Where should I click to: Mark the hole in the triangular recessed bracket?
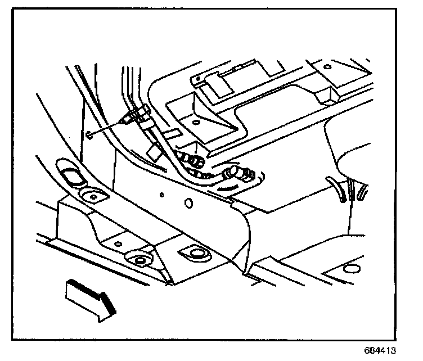pos(195,121)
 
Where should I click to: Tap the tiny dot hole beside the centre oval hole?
pos(161,195)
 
